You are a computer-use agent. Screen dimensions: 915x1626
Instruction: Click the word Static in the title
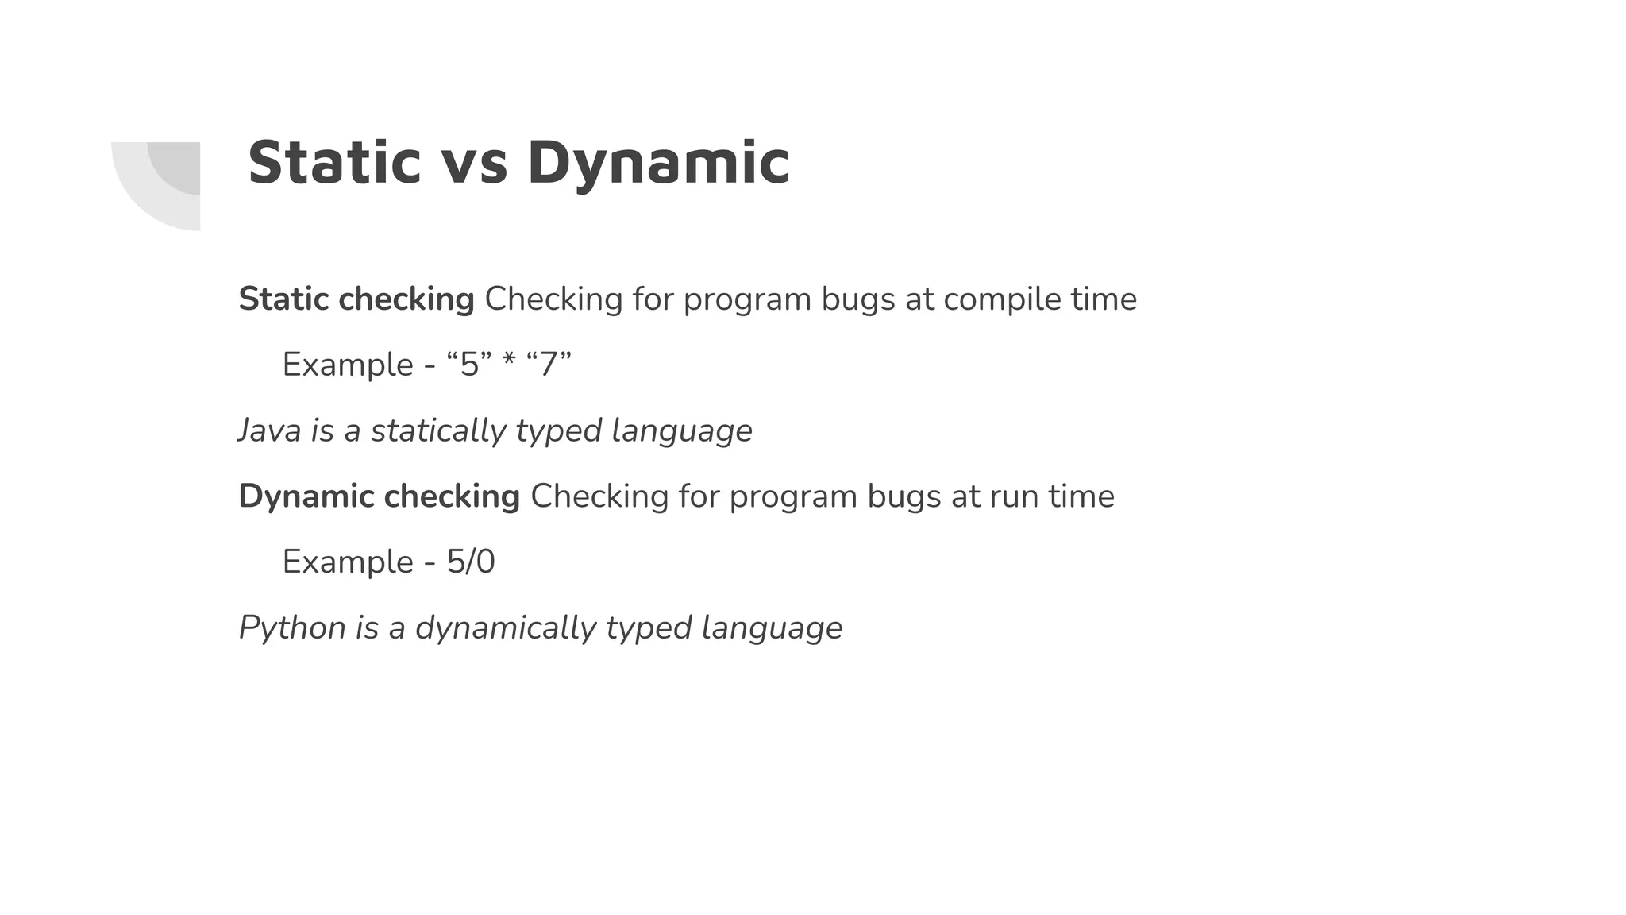pyautogui.click(x=333, y=163)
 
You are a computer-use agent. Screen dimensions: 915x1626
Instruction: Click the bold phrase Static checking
pyautogui.click(x=356, y=299)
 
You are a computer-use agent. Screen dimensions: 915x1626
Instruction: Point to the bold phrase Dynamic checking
pyautogui.click(x=380, y=496)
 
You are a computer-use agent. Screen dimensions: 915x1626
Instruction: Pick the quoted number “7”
pyautogui.click(x=549, y=365)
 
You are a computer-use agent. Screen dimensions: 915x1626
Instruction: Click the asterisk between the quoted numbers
pyautogui.click(x=509, y=364)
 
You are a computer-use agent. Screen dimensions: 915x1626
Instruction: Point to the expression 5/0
pyautogui.click(x=470, y=562)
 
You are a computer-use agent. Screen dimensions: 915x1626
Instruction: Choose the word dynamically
pyautogui.click(x=506, y=628)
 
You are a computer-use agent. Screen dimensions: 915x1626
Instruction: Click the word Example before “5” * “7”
pyautogui.click(x=348, y=365)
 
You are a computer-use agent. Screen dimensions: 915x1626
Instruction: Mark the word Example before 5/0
pyautogui.click(x=348, y=562)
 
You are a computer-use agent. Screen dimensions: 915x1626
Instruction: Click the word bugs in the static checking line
pyautogui.click(x=859, y=300)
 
